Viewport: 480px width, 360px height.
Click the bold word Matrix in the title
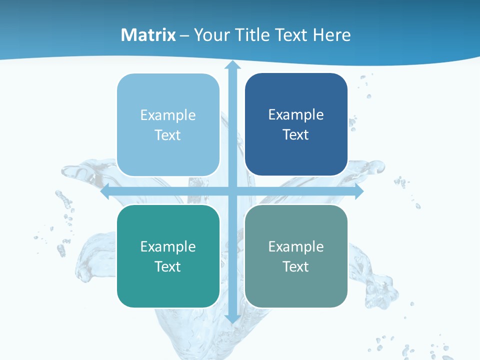148,35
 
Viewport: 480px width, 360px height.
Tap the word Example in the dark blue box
296,115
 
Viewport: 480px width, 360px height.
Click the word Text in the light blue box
168,135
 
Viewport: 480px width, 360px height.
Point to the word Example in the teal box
168,246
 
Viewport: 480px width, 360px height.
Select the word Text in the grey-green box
296,266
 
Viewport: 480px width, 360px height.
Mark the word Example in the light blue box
168,115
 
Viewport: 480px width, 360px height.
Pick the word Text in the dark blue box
296,135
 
